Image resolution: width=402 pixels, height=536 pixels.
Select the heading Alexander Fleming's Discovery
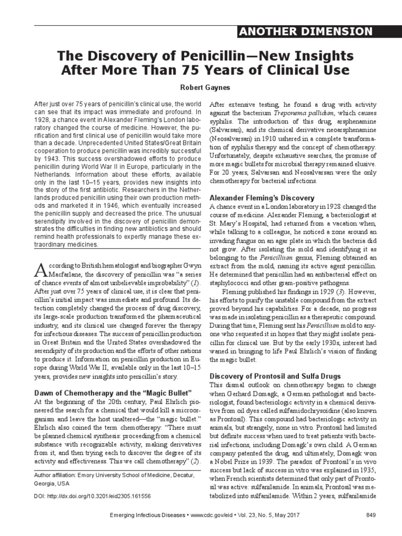tap(262, 198)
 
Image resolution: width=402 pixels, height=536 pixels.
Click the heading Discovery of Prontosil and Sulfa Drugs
tap(275, 376)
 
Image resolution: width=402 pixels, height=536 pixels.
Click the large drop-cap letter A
tap(40, 270)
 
